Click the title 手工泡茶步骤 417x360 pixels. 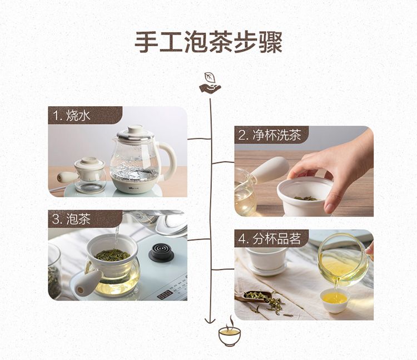coord(209,43)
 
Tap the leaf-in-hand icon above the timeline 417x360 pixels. coord(210,83)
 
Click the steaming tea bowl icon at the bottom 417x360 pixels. coord(230,332)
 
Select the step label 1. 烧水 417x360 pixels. coord(72,116)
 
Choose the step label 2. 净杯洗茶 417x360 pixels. coord(270,135)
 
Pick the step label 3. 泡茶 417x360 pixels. coord(71,219)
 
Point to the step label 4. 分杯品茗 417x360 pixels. coord(270,239)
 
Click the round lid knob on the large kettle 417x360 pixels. coord(135,130)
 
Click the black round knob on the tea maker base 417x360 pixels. coord(161,253)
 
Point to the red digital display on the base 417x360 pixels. coord(165,295)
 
